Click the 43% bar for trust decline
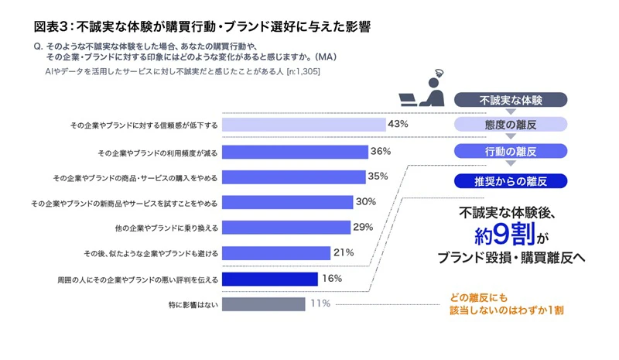tap(303, 125)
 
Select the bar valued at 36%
tap(294, 152)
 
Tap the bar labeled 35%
tap(292, 177)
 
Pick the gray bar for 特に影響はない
tap(262, 303)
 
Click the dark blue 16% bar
tap(268, 278)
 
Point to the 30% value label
tap(365, 202)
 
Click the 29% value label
tap(363, 228)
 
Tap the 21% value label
tap(344, 252)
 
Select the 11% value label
tap(320, 303)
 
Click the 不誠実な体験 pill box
tap(511, 100)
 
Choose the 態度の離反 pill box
tap(511, 125)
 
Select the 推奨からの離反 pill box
tap(511, 182)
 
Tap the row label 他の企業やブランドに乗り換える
tap(166, 228)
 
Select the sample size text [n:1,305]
tap(303, 72)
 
